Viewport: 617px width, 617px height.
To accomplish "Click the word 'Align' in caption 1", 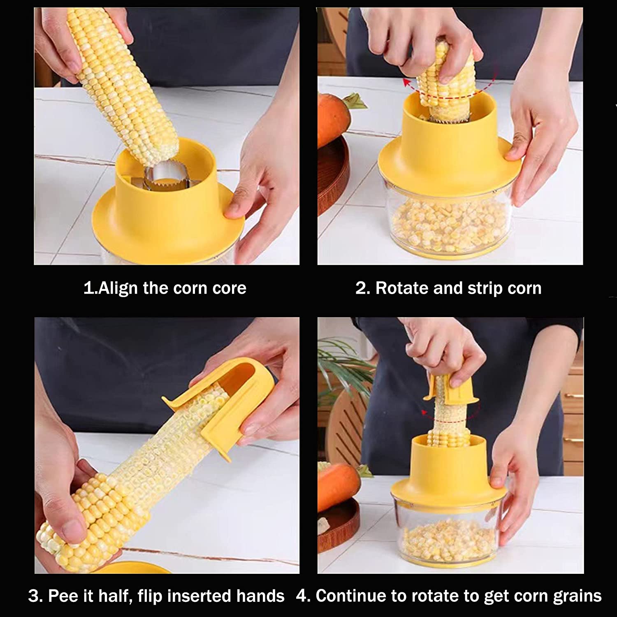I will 118,288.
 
